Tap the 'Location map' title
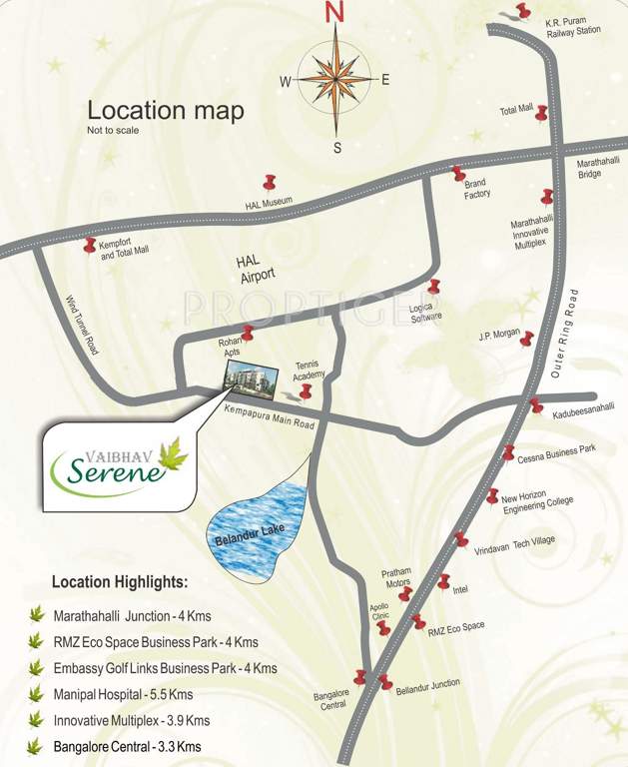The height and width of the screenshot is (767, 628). pos(165,111)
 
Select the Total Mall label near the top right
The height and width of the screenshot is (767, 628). pos(516,111)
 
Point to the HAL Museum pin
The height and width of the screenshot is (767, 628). pos(269,183)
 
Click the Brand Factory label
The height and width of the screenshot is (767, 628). pos(476,189)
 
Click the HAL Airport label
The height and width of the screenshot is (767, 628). pos(256,267)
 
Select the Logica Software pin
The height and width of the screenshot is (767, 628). pos(434,288)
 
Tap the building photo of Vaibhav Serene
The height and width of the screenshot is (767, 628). pos(246,379)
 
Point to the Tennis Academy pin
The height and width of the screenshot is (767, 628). pos(306,390)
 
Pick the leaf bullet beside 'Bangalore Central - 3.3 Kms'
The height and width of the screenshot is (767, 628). pos(37,746)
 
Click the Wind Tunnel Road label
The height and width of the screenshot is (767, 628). pos(81,326)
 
